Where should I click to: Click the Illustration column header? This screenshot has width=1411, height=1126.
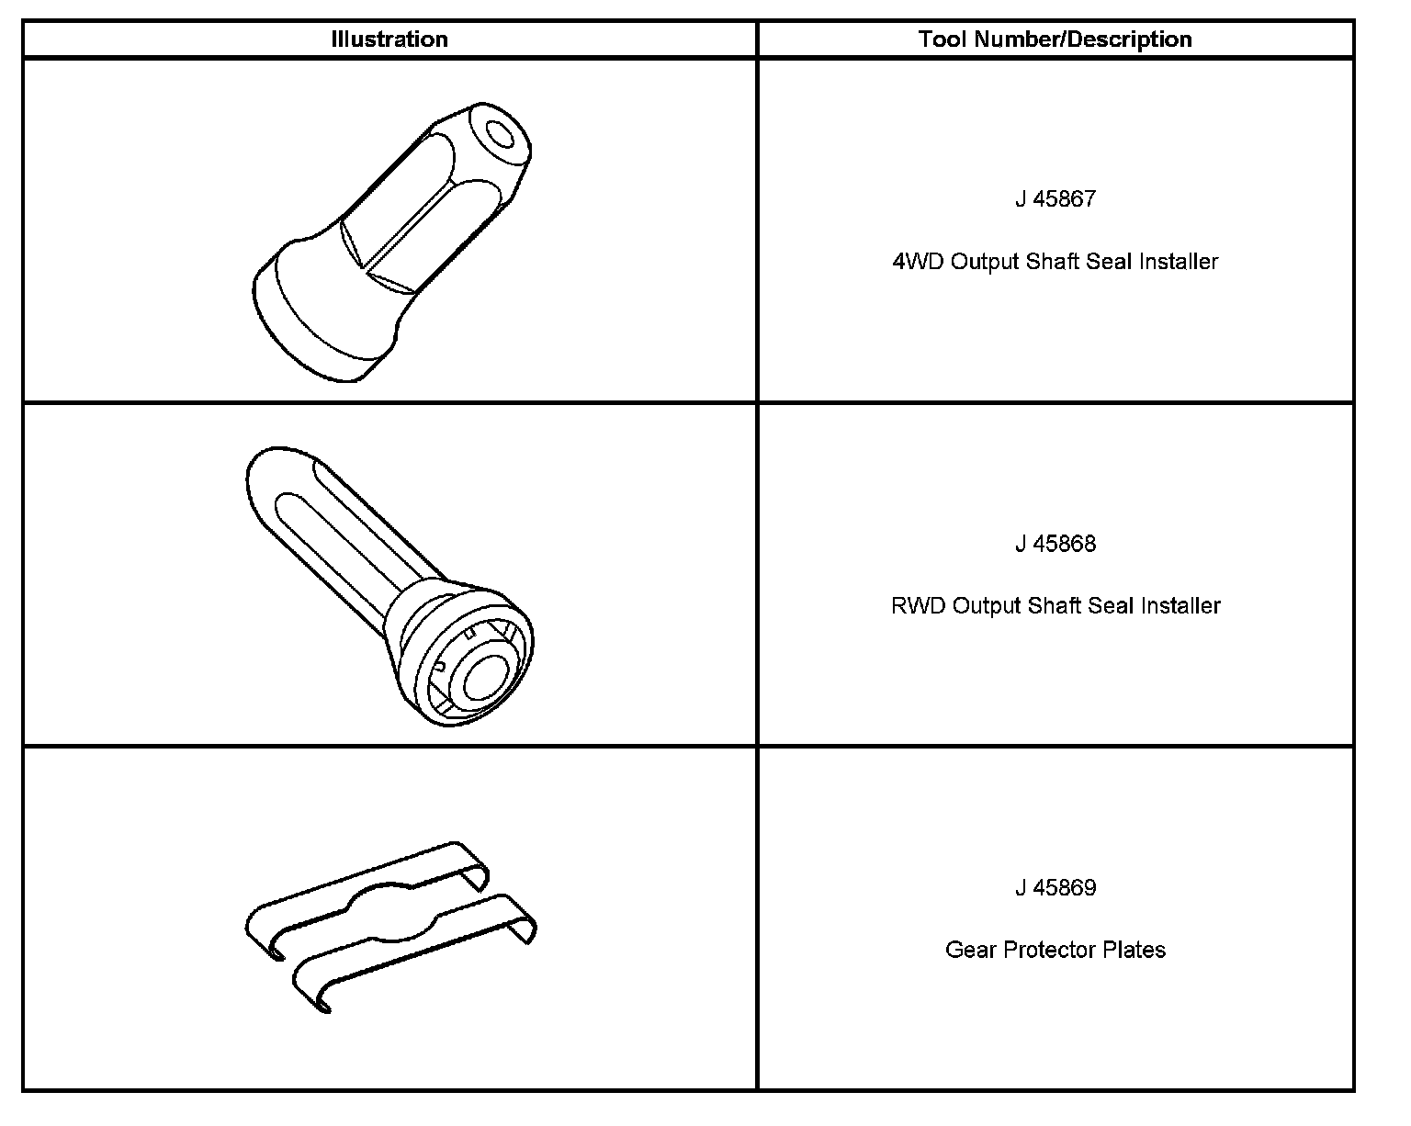(389, 39)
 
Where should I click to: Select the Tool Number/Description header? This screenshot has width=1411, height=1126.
(1055, 39)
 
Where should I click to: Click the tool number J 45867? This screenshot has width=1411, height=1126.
(1055, 199)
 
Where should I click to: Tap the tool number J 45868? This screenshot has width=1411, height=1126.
(1055, 544)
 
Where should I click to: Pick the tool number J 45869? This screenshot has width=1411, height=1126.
(1055, 888)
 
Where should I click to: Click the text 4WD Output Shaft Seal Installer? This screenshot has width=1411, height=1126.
(1055, 262)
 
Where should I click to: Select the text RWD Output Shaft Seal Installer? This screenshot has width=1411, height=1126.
(1055, 606)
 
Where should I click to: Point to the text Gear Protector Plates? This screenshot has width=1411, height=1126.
(1055, 950)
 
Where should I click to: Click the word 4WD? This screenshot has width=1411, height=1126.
(918, 262)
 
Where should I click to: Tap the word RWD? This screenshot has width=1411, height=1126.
(918, 606)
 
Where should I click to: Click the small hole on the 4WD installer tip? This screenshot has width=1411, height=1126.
(502, 135)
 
